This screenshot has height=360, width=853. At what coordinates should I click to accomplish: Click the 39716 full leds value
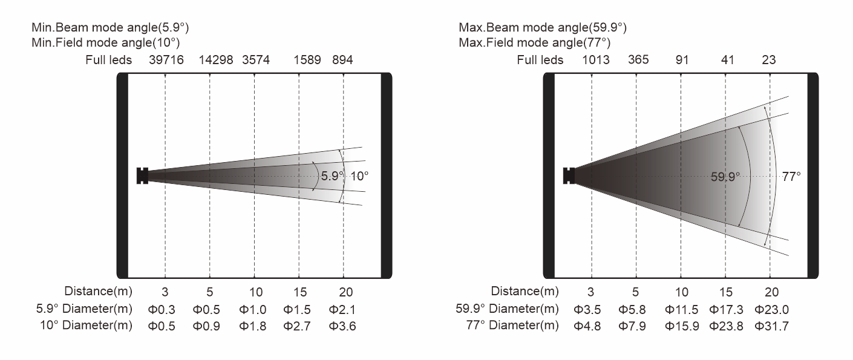165,60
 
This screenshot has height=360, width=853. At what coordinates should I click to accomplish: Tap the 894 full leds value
343,60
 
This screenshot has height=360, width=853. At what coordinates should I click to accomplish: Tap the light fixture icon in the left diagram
143,175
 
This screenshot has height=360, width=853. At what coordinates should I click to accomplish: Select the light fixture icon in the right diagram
569,175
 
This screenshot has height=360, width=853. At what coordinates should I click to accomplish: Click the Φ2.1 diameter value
343,310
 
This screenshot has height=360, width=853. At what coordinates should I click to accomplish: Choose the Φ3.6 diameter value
343,326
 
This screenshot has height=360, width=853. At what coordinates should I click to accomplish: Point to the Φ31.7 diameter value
771,326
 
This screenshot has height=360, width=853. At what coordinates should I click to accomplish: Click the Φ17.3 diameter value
725,310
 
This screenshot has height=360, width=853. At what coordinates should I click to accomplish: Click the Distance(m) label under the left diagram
98,292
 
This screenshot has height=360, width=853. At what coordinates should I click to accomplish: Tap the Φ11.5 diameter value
681,310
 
